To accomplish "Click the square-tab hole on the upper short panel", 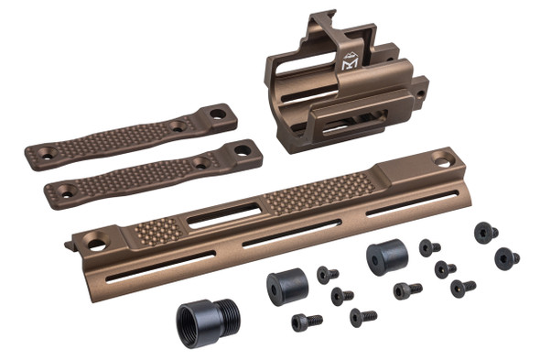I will (218, 115).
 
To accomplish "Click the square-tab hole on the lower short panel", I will (243, 150).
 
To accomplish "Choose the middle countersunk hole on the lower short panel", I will (200, 162).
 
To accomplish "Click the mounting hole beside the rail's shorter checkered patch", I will (96, 245).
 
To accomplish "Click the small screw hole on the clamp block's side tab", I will (423, 93).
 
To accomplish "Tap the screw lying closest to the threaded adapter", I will (307, 322).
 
